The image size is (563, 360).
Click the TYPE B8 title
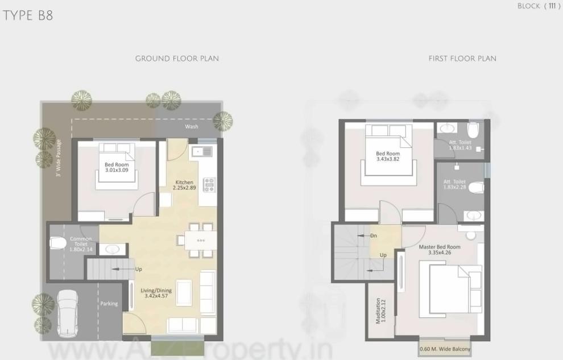[x=28, y=15]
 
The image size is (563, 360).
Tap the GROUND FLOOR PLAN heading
[x=177, y=59]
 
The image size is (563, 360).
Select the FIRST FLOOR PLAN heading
[x=462, y=59]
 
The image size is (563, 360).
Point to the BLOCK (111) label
[x=539, y=6]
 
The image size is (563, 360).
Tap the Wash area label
[x=192, y=126]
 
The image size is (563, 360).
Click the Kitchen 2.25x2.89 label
[x=185, y=185]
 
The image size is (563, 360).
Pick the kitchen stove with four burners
[x=210, y=184]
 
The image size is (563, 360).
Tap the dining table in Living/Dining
[x=201, y=240]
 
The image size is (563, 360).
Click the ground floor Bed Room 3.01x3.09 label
[x=117, y=167]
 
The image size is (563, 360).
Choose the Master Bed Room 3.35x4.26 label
[x=440, y=250]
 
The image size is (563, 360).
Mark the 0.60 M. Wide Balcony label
[x=444, y=349]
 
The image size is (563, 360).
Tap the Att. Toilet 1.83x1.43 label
[x=461, y=145]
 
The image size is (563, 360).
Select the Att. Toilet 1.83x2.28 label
[x=455, y=185]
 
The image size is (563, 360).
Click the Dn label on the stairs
[x=373, y=235]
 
